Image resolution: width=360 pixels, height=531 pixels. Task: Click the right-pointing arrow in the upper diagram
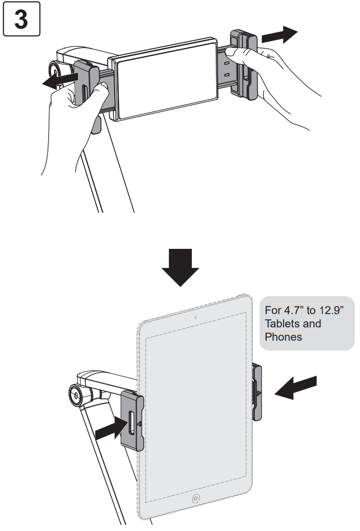[x=279, y=34]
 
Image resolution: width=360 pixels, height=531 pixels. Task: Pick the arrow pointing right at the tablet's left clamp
[x=113, y=430]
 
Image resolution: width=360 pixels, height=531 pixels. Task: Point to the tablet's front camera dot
[x=196, y=316]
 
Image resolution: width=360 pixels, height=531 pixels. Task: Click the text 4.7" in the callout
[x=293, y=311]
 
